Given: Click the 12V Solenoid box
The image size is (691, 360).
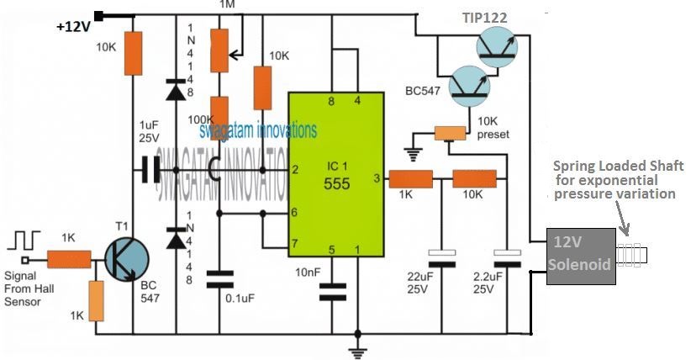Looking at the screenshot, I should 580,256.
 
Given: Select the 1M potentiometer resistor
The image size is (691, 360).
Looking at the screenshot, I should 219,50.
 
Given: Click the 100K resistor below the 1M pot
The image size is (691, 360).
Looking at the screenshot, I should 219,114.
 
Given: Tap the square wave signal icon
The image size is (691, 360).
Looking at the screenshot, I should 22,240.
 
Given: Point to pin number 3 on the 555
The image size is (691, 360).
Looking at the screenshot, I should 378,179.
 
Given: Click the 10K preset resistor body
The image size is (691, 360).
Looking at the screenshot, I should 449,133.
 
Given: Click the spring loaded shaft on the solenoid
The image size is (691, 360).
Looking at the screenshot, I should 630,254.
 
